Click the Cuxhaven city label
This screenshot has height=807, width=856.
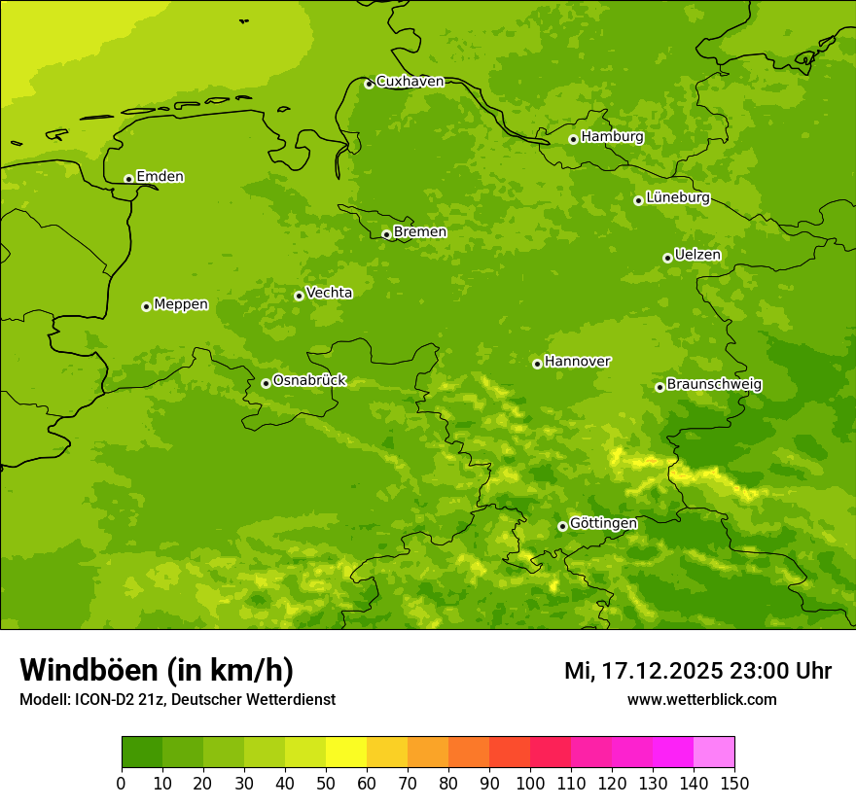[410, 82]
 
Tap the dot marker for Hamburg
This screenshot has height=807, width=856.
[573, 139]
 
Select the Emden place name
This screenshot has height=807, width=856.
[160, 177]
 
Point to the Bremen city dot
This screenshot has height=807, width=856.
[386, 234]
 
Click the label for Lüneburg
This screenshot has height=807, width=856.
[677, 197]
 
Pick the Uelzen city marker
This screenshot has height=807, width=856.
[667, 258]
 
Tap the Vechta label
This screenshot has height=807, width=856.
[329, 293]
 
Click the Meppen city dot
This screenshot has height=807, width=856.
[146, 306]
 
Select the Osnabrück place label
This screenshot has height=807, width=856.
[309, 380]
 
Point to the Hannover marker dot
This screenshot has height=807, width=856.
[537, 364]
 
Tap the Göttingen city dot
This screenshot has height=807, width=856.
[562, 526]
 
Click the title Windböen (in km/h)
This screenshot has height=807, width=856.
[156, 670]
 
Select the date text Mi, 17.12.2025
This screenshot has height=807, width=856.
[641, 671]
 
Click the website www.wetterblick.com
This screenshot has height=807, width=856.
[701, 699]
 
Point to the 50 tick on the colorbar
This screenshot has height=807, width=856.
[326, 782]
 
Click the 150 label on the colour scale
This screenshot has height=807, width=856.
[734, 782]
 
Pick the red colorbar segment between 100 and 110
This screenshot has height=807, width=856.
[551, 753]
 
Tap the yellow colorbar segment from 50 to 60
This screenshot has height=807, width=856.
[346, 753]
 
